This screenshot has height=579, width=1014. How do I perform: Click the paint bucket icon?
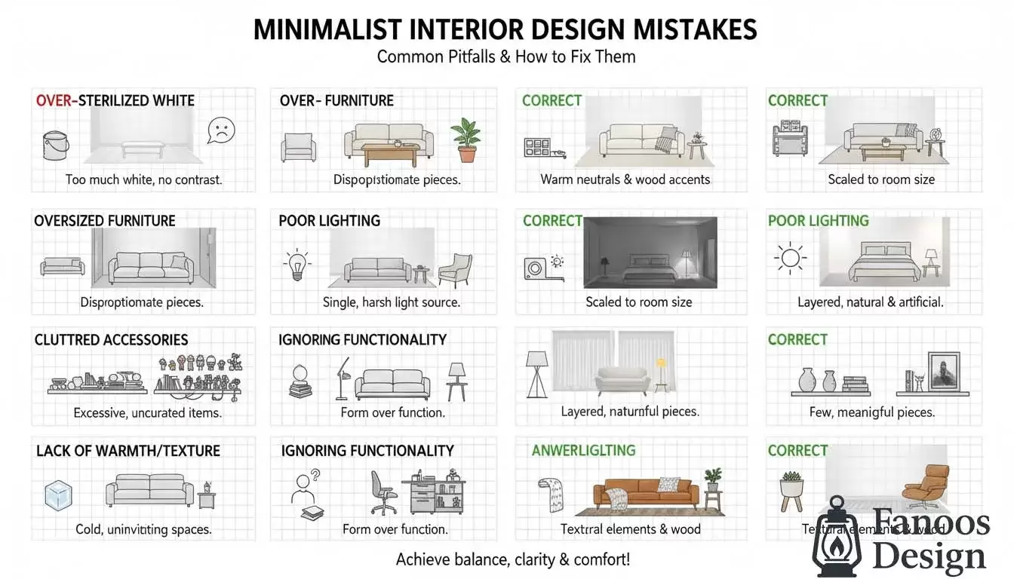point(57,144)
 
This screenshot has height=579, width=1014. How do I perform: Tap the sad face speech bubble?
point(220,130)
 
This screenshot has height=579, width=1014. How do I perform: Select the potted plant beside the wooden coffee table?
point(466,140)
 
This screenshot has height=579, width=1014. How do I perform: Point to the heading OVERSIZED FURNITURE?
point(105,221)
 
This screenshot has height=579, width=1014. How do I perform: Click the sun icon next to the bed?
point(790,259)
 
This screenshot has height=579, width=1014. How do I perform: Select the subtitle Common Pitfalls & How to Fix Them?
point(505,57)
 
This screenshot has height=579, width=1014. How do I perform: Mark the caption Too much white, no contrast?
point(143,179)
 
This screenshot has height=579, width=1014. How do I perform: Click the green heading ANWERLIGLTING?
point(583,451)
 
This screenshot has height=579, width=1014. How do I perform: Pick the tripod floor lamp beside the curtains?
point(537,373)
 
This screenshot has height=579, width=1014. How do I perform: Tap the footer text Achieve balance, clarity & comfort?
point(512,559)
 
